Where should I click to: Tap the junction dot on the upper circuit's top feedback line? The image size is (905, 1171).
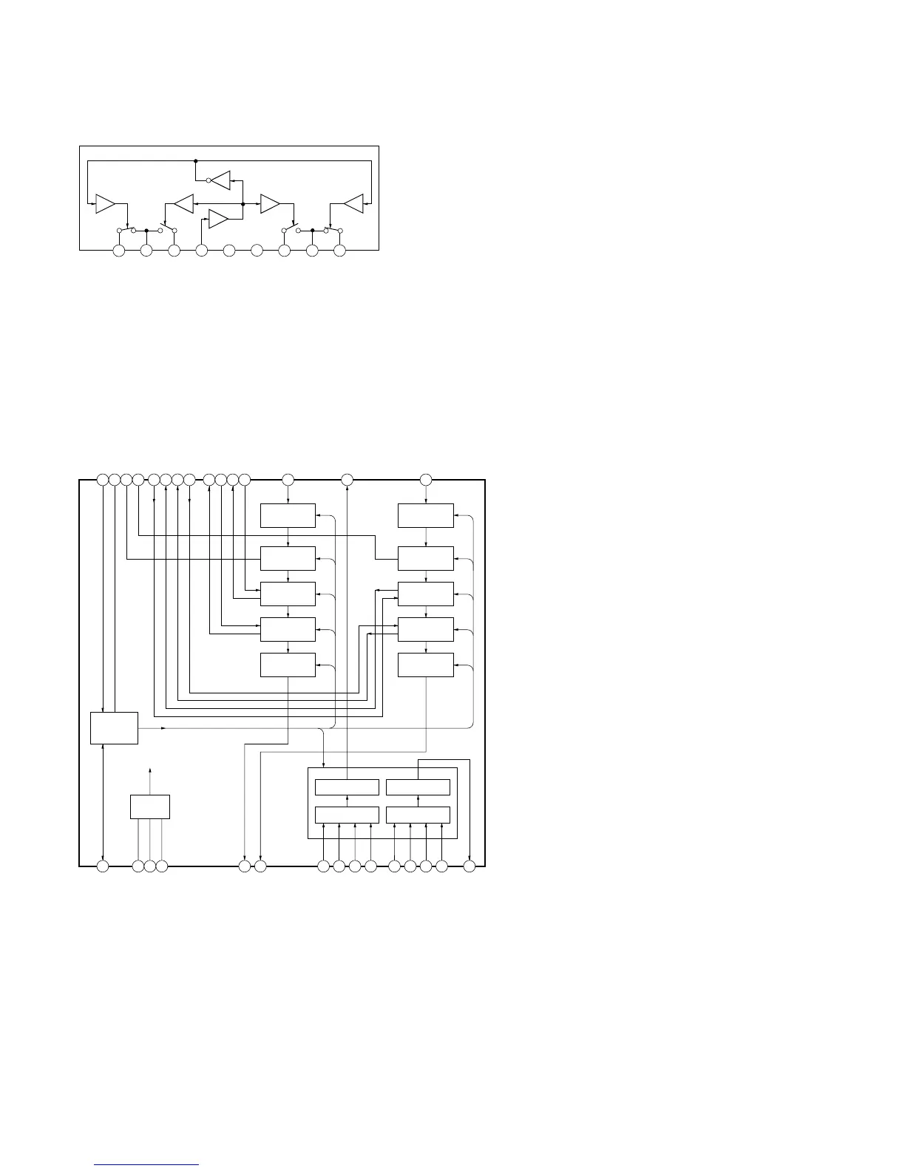click(195, 160)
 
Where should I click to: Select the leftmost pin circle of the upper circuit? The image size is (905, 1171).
click(118, 251)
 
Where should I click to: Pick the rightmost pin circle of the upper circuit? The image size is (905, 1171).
click(339, 251)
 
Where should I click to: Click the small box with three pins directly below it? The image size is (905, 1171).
click(150, 807)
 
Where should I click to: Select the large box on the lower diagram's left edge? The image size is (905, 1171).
click(114, 728)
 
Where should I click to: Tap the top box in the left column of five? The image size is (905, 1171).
click(288, 516)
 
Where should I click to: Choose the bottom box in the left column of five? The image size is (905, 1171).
click(288, 665)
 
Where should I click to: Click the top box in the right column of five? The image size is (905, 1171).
click(426, 516)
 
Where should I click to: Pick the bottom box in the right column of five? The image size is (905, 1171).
click(426, 665)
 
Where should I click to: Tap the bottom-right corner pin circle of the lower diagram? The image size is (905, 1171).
click(469, 866)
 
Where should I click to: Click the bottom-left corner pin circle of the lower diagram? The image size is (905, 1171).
click(104, 866)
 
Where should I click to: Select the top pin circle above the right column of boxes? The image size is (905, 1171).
click(426, 480)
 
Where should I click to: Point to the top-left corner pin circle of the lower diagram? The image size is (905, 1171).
click(103, 480)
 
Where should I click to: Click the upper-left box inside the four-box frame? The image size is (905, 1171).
click(347, 787)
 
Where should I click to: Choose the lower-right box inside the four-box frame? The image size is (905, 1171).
click(418, 815)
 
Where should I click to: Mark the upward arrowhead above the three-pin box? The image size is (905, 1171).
click(150, 770)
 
